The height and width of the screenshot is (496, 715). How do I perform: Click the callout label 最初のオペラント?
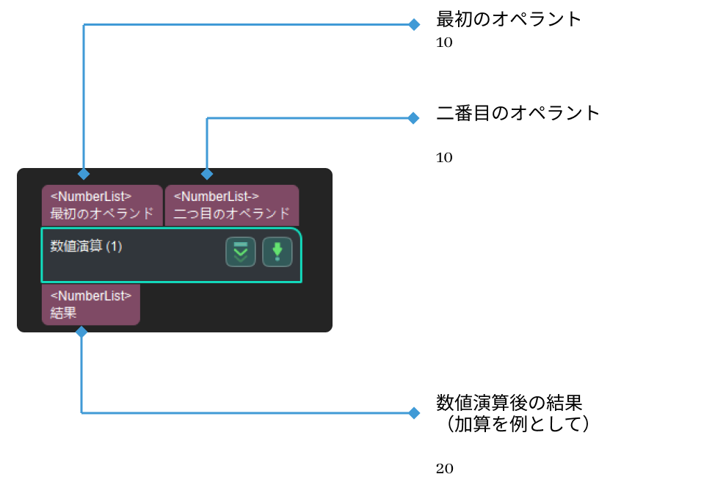coord(509,19)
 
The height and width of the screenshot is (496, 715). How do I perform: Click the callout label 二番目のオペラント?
coord(518,113)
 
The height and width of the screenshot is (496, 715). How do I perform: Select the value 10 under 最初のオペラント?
coord(444,43)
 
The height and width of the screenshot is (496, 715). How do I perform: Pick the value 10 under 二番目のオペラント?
coord(444,158)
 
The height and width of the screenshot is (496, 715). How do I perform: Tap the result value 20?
coord(444,469)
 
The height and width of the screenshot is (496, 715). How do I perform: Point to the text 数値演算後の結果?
coord(509,403)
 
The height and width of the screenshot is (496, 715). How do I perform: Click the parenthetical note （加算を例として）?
coord(514,424)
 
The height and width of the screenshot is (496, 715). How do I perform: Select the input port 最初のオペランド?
coord(102,205)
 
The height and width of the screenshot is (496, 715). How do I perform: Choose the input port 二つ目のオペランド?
coord(232,205)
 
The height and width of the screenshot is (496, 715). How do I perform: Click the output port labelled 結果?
coord(90,304)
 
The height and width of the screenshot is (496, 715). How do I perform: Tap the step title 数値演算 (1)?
coord(86,247)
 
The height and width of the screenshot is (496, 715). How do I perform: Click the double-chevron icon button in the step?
coord(240,252)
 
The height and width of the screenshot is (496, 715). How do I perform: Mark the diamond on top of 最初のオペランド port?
coord(84,174)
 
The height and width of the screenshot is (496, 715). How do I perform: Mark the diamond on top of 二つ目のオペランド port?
coord(207,174)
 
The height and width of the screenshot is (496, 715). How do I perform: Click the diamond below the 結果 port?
coord(81,332)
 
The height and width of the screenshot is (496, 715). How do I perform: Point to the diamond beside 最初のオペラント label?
coord(414,24)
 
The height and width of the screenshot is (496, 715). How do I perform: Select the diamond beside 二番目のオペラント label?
coord(414,118)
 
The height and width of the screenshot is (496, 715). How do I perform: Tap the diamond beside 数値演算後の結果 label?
coord(414,413)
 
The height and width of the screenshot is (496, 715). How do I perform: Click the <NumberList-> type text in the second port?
coord(217,197)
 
